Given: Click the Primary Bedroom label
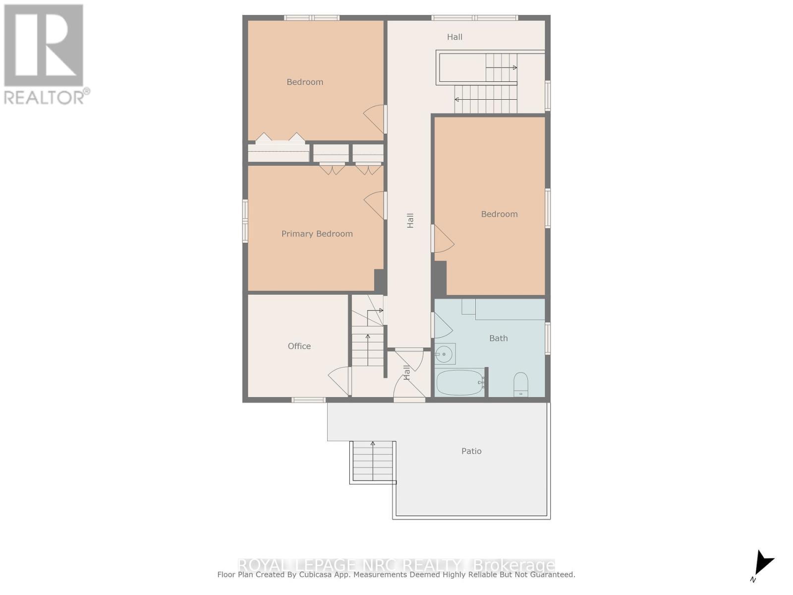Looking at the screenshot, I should (317, 234).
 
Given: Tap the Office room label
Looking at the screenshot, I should (299, 346).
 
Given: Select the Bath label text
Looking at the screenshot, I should (498, 338).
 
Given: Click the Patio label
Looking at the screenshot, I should (471, 451).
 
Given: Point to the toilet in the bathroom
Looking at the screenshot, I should (520, 385).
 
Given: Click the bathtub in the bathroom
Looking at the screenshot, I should (460, 382).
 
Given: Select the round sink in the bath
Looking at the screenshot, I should (444, 354).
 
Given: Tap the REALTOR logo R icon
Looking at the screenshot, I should (44, 46).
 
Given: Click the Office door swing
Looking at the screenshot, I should (339, 381).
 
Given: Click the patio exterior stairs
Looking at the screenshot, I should (373, 461).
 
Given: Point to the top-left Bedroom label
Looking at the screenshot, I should (305, 82).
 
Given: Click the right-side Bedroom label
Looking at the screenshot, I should (499, 214).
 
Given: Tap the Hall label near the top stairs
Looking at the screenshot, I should (454, 37).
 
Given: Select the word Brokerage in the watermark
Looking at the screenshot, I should (514, 565).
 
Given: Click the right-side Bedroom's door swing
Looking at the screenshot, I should (444, 239).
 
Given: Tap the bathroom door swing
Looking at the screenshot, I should (443, 326).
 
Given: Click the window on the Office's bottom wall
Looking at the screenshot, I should (308, 400).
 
